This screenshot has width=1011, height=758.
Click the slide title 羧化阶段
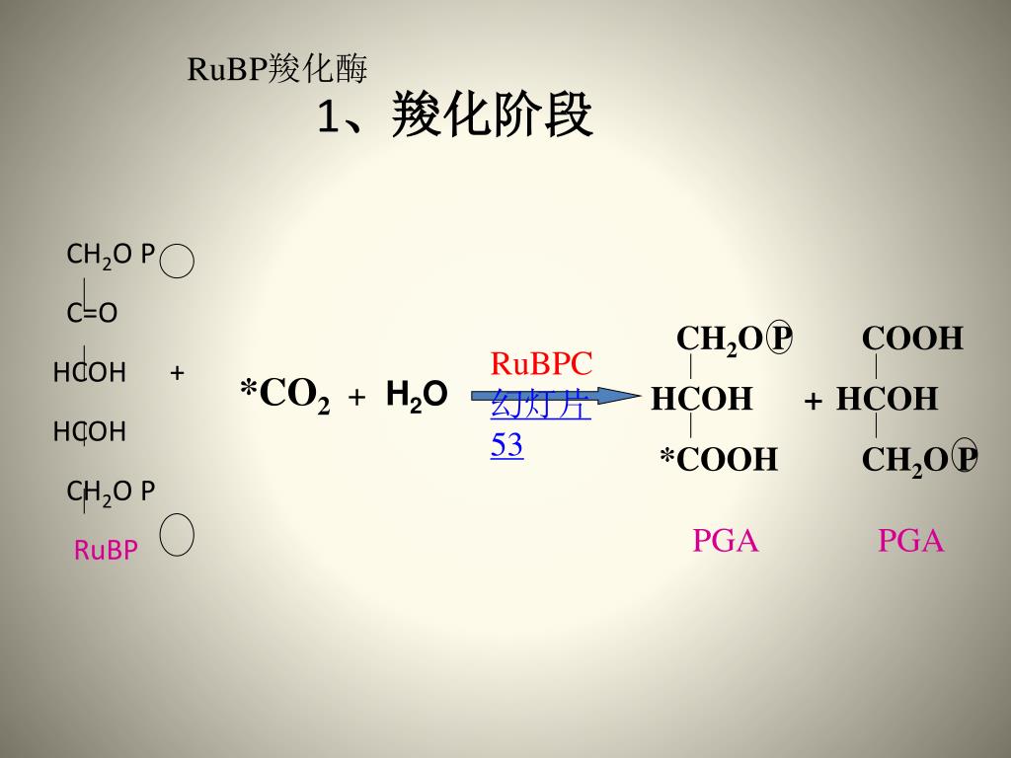[492, 116]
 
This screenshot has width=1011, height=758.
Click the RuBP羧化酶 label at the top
[276, 69]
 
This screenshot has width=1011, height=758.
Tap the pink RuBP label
[106, 550]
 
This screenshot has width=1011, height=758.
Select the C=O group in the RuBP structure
[92, 314]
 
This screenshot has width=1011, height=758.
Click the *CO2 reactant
[284, 395]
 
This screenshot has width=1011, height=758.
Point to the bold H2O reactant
[416, 395]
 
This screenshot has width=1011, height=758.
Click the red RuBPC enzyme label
[541, 363]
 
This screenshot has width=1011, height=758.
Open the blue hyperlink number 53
[506, 446]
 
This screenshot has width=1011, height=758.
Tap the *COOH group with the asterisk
[719, 460]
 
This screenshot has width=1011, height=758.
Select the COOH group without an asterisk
[912, 339]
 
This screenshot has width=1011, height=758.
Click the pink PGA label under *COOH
[725, 541]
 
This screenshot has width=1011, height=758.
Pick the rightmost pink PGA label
[911, 541]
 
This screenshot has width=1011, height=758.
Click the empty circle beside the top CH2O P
[178, 264]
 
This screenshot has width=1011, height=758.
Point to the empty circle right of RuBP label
[178, 535]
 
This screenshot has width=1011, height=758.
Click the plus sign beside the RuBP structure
[178, 373]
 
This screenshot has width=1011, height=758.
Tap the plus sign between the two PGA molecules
[813, 401]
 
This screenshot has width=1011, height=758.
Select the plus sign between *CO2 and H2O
[357, 397]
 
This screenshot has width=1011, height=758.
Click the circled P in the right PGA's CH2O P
[966, 459]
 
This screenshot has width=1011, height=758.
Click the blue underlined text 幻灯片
[541, 406]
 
